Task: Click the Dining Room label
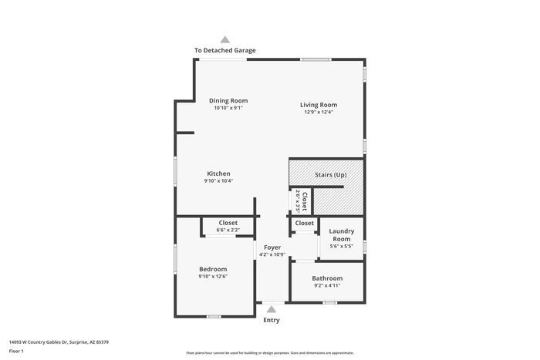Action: (228, 100)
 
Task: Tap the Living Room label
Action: (319, 105)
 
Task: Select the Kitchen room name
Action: (218, 173)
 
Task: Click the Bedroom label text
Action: (213, 269)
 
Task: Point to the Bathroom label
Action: (327, 278)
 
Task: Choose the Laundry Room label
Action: (341, 235)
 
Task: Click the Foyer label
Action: (272, 247)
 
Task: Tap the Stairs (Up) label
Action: (331, 175)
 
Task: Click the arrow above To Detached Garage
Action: (224, 39)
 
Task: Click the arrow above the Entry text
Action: (271, 309)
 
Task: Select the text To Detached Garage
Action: (224, 51)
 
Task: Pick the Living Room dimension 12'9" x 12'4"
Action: (319, 113)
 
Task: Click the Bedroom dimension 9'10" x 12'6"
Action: (213, 277)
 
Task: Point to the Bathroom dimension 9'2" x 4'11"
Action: (327, 285)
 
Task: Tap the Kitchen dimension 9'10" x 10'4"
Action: (218, 181)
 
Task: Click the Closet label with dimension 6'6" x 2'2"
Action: (228, 223)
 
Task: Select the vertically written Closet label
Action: (305, 202)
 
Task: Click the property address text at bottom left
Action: (59, 341)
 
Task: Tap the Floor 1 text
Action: (16, 351)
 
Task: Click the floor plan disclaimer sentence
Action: (270, 352)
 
